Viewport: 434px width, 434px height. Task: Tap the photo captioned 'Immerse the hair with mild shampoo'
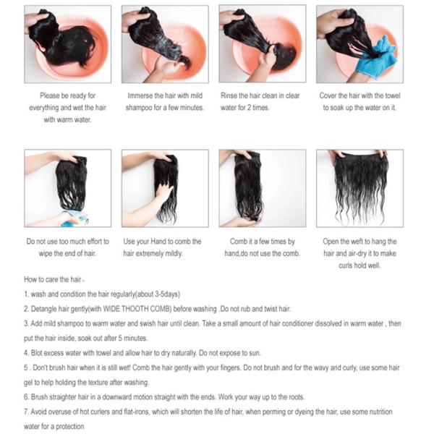[166, 44]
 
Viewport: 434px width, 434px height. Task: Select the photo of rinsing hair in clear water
[263, 44]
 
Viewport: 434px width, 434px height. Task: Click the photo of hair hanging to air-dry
[360, 188]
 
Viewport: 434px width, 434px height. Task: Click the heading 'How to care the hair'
[56, 279]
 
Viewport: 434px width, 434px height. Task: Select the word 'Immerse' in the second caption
[143, 95]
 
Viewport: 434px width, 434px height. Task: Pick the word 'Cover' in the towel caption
[331, 95]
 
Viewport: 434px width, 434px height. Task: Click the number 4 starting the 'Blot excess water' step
[26, 353]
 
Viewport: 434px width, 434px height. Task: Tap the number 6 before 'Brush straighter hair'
[26, 397]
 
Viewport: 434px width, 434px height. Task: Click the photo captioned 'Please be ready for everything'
[68, 44]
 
